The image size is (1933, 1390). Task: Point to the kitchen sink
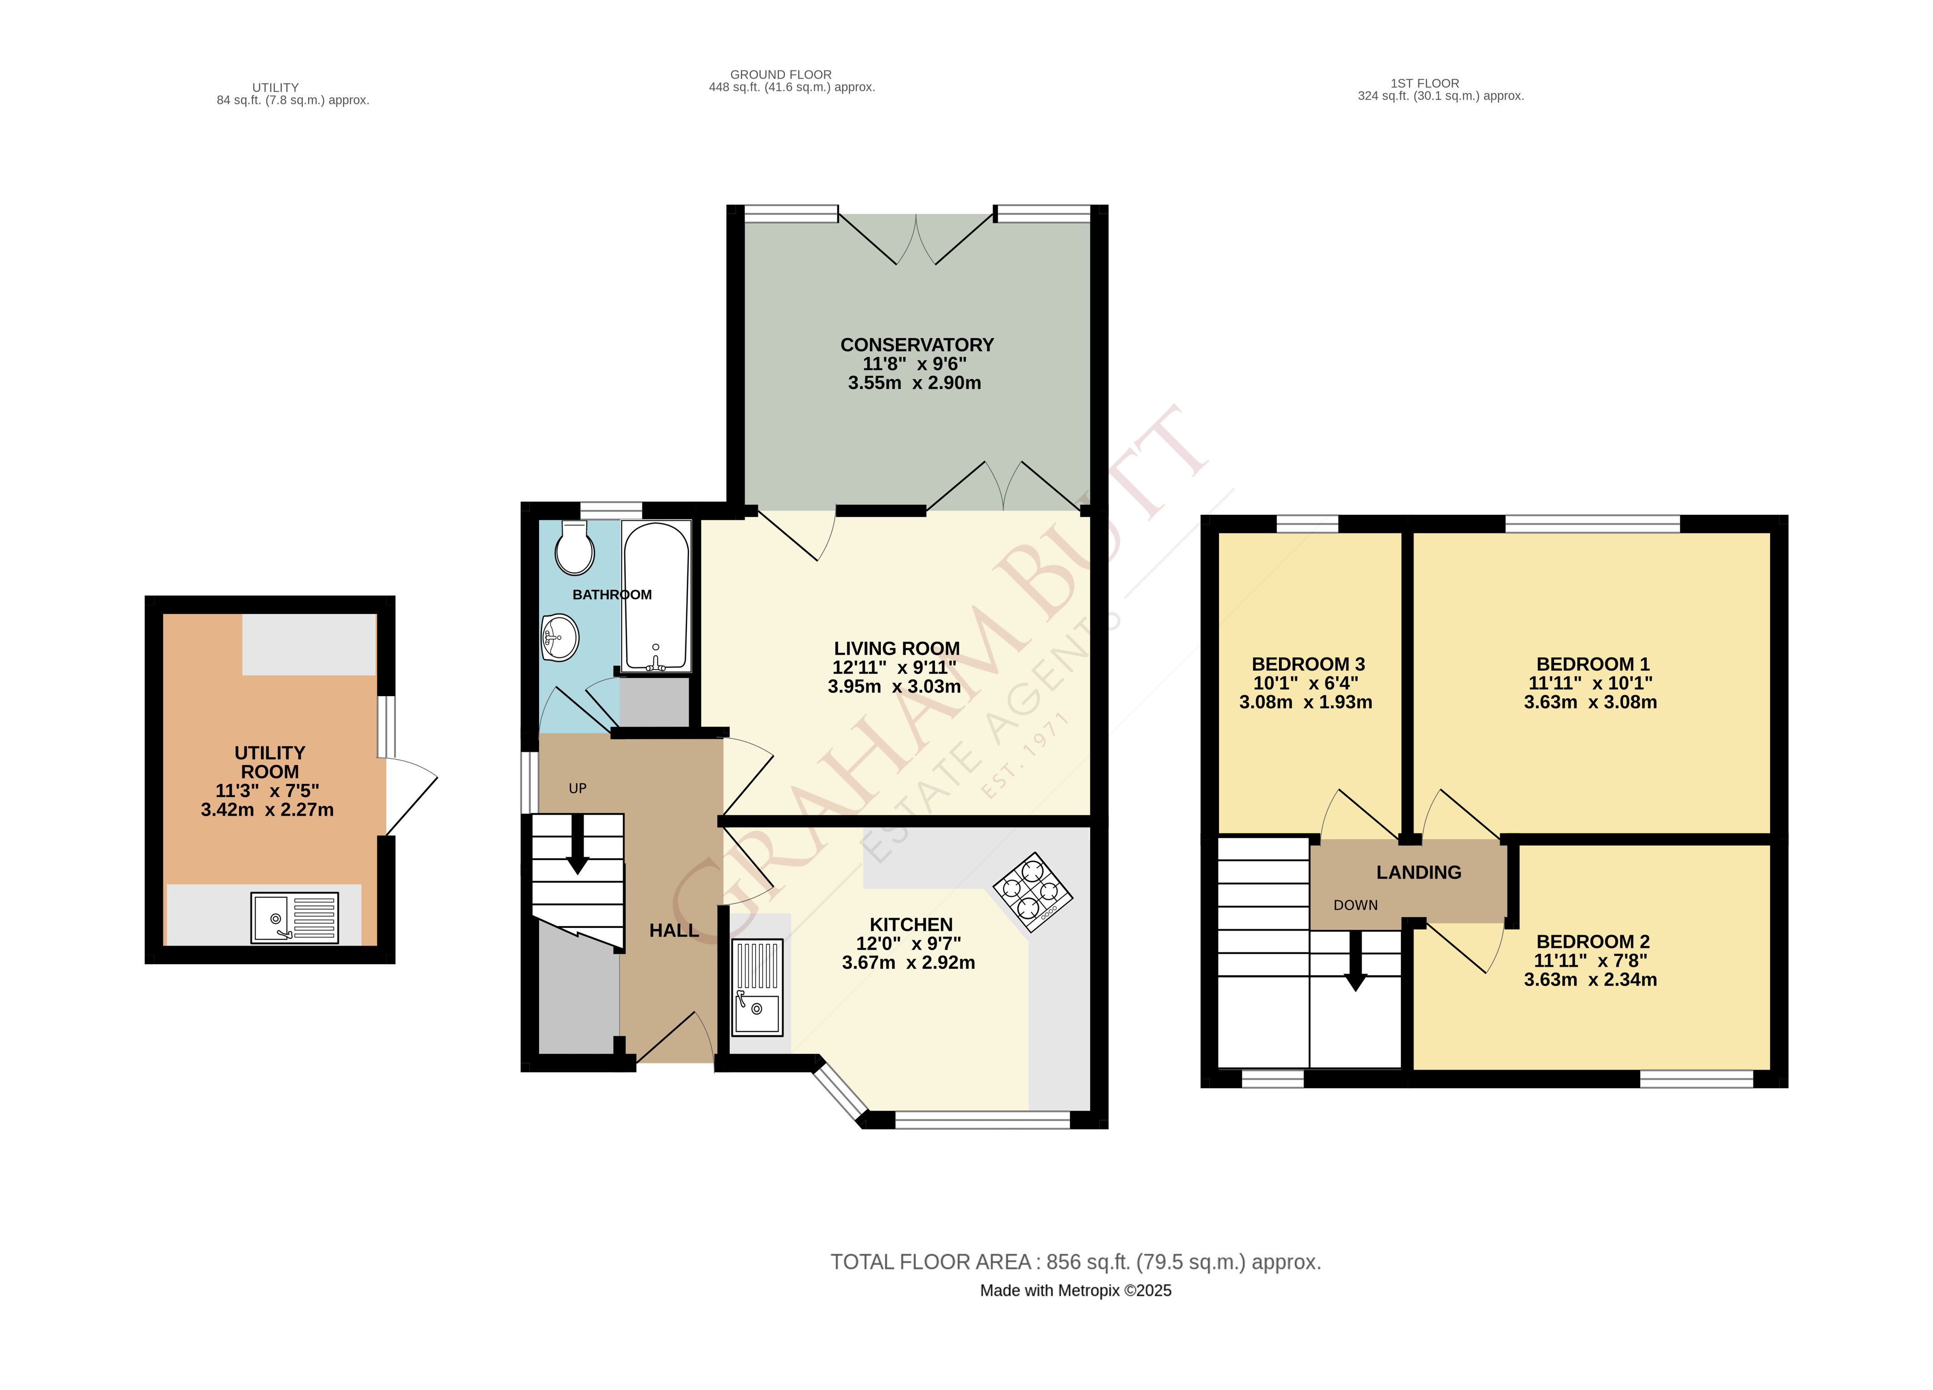(x=757, y=987)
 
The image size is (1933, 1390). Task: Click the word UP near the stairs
(x=577, y=788)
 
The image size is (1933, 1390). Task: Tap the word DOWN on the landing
(x=1355, y=905)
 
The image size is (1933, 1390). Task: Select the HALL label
(x=673, y=931)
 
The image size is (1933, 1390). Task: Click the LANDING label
(x=1418, y=873)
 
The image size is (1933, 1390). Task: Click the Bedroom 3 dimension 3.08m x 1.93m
(x=1306, y=702)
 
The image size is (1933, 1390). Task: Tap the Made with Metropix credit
(x=1076, y=1290)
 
